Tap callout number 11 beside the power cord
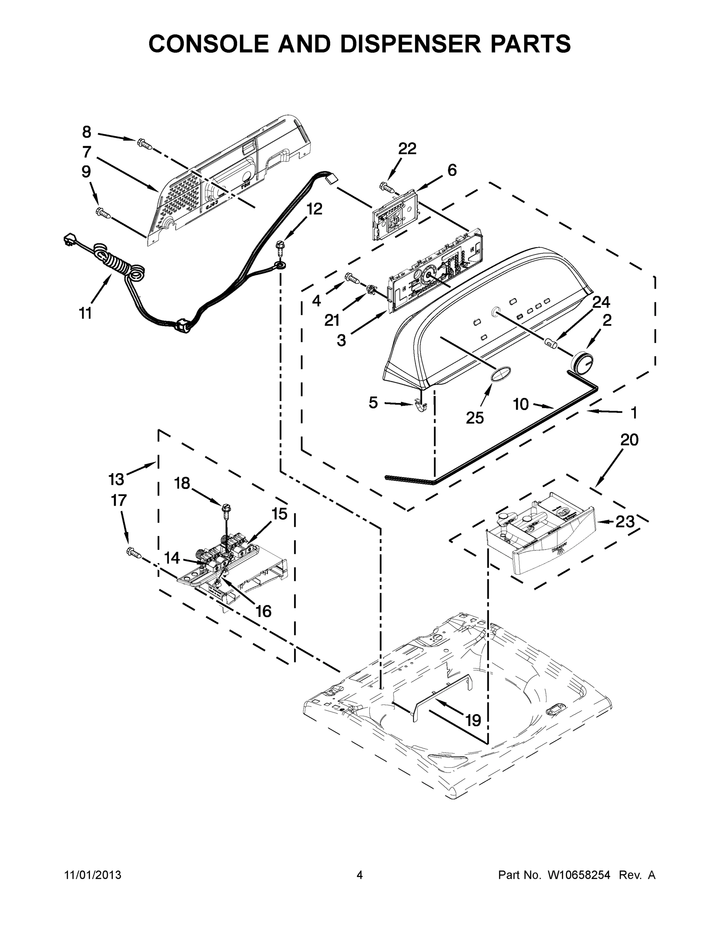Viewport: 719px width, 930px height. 85,314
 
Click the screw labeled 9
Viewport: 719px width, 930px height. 104,212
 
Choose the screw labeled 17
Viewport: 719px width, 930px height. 133,553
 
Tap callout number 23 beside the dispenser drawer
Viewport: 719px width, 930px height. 625,521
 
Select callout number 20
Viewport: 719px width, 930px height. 629,439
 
